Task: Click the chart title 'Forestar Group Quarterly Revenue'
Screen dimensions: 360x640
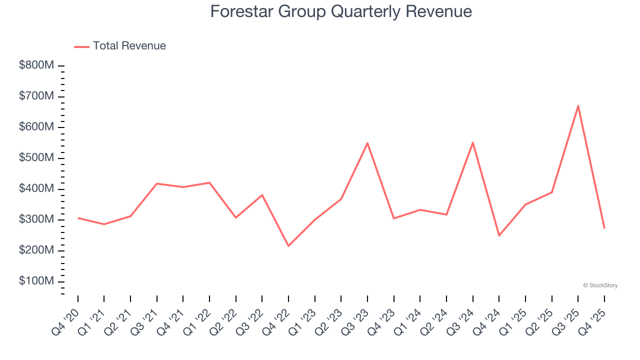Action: pyautogui.click(x=341, y=11)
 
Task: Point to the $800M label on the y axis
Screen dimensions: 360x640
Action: pyautogui.click(x=36, y=65)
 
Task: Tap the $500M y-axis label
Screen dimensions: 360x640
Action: pyautogui.click(x=36, y=158)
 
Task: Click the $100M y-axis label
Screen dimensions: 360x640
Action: pyautogui.click(x=36, y=281)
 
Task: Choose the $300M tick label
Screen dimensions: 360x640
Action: pyautogui.click(x=36, y=219)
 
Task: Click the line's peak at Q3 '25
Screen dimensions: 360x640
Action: pyautogui.click(x=578, y=105)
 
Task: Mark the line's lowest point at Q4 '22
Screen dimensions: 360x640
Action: pyautogui.click(x=288, y=245)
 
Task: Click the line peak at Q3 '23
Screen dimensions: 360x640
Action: pyautogui.click(x=367, y=143)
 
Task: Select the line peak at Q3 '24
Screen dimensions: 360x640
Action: pyautogui.click(x=472, y=142)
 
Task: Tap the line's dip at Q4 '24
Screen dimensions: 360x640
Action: pyautogui.click(x=499, y=235)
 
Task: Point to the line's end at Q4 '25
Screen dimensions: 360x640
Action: pyautogui.click(x=604, y=228)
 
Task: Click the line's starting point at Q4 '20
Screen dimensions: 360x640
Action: pyautogui.click(x=78, y=218)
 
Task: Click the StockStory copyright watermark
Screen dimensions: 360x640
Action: pyautogui.click(x=600, y=285)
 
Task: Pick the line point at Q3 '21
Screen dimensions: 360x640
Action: pyautogui.click(x=157, y=183)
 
